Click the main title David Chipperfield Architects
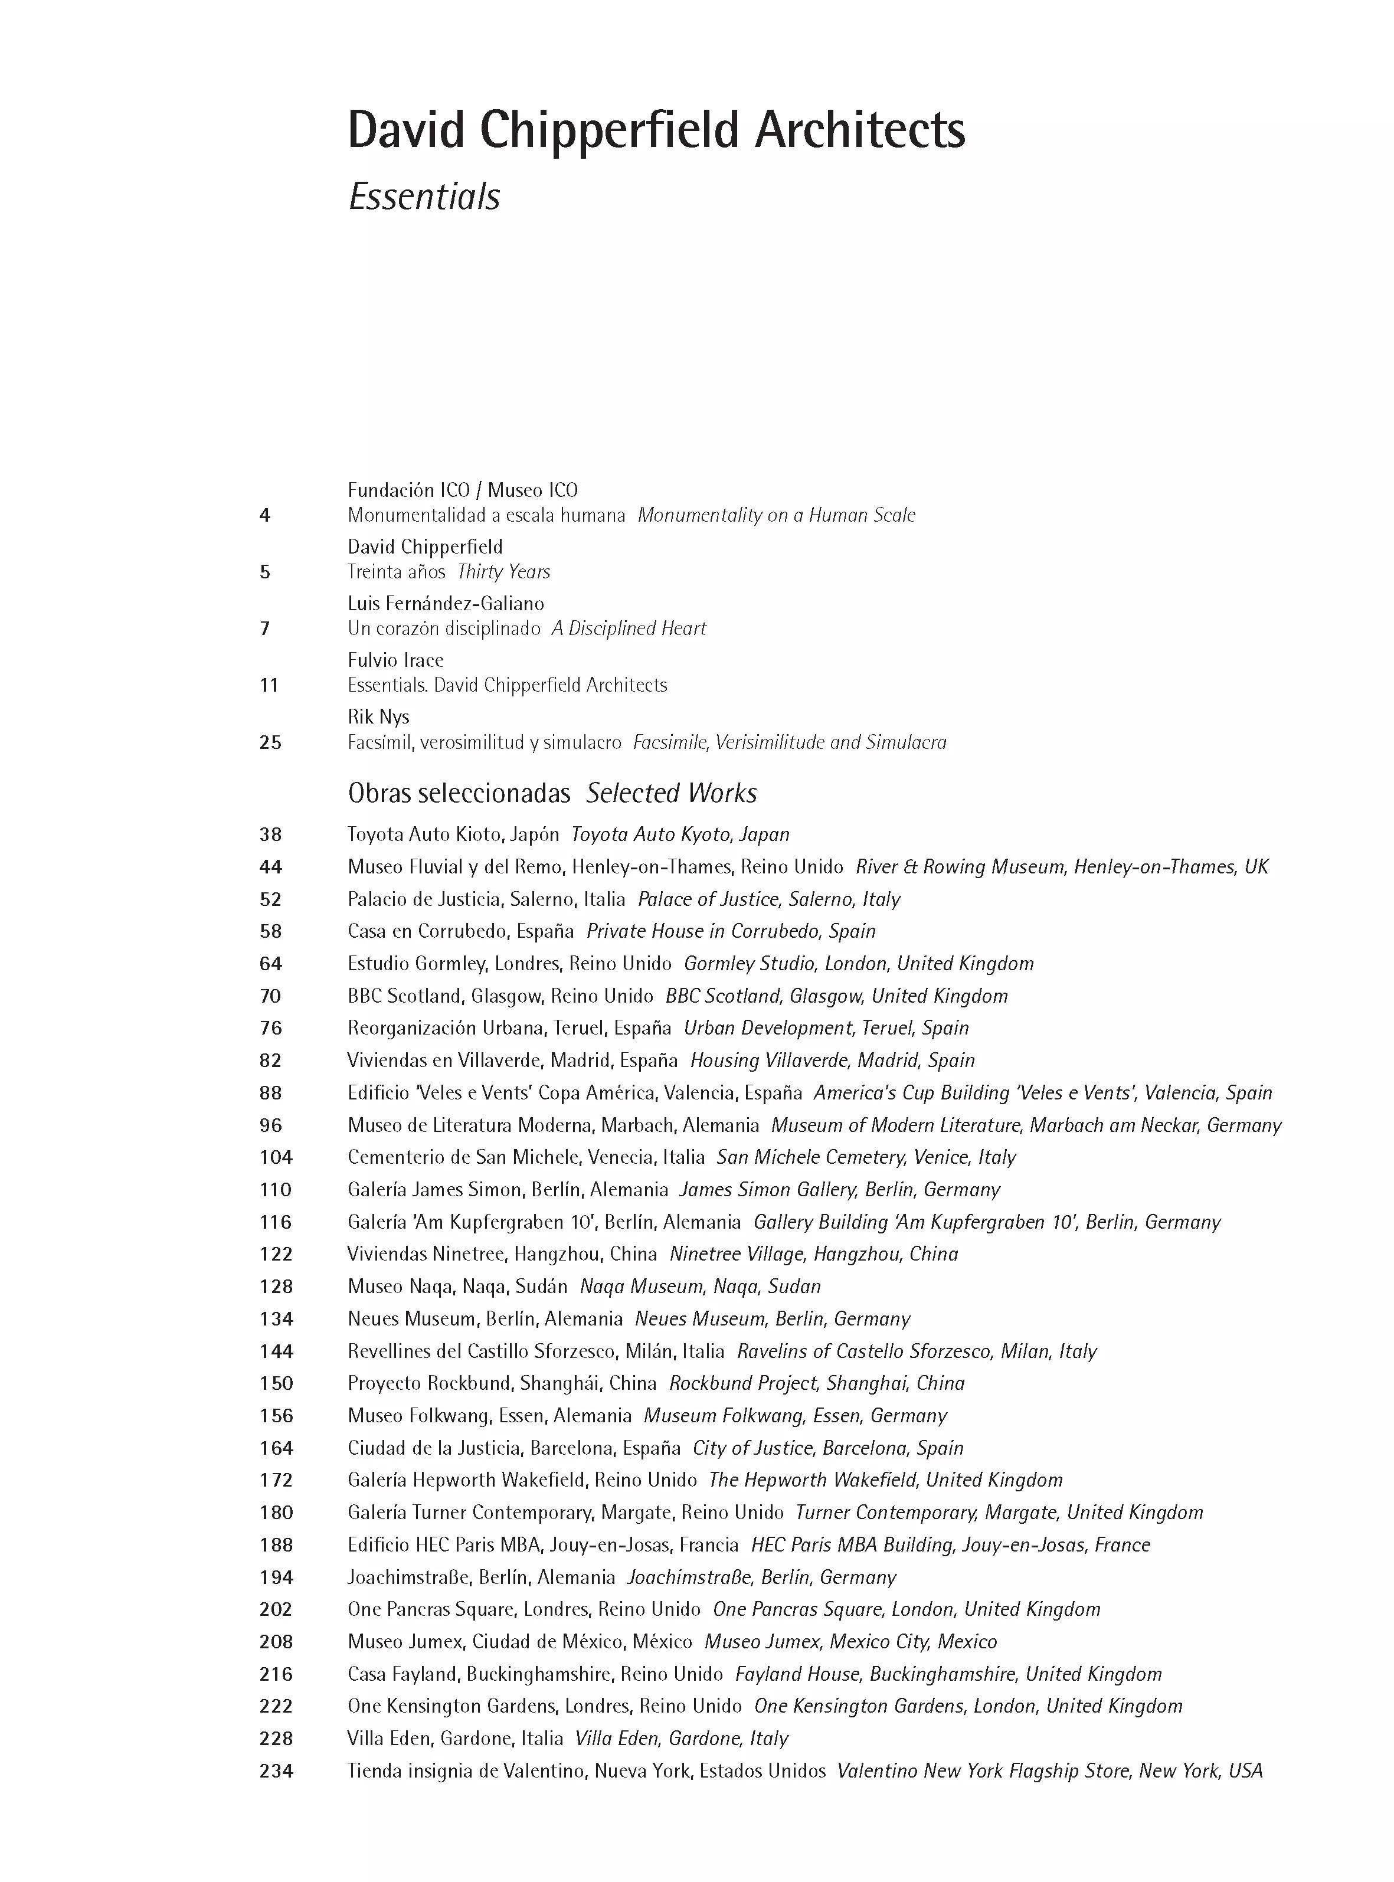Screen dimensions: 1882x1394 656,131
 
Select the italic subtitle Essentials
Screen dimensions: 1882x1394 424,197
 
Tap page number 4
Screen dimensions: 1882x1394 265,515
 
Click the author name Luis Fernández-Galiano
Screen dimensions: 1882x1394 446,604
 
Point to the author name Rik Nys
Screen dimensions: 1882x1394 378,717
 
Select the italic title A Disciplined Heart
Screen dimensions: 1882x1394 629,629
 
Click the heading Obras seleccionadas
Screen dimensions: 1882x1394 459,793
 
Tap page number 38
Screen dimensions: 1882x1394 271,835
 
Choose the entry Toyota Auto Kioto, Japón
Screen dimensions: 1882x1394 453,835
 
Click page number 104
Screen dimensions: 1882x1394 276,1157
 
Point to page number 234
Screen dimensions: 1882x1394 276,1770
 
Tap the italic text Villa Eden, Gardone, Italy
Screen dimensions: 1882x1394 681,1739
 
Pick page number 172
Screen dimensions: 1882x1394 276,1481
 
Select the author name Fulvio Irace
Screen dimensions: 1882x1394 395,660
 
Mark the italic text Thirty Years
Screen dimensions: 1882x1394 503,572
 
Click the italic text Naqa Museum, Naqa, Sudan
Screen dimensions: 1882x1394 699,1287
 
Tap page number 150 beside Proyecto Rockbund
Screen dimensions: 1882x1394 276,1383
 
